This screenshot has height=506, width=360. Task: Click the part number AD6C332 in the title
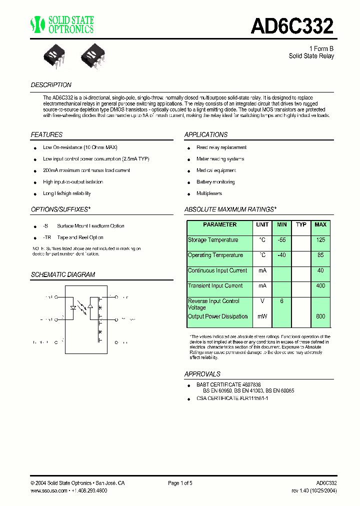(291, 26)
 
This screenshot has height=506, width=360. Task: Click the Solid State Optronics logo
(62, 24)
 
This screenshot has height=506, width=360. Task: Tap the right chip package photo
(93, 52)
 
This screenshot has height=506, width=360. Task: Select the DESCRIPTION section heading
(51, 85)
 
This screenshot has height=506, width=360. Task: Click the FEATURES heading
(46, 134)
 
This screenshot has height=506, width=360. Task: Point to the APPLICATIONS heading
(206, 134)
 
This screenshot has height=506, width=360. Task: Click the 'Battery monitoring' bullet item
(215, 182)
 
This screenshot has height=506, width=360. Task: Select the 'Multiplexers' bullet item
(209, 193)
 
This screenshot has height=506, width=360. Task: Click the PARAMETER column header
(220, 225)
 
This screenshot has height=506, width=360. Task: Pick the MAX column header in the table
(320, 225)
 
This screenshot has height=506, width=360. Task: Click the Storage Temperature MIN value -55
(282, 240)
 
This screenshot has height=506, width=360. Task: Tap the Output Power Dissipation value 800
(320, 316)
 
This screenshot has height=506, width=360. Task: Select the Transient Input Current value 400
(320, 286)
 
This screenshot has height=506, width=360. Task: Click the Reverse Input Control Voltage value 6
(282, 301)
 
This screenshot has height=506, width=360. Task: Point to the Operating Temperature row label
(215, 255)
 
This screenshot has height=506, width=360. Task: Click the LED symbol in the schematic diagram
(73, 307)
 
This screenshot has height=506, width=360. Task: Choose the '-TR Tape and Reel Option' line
(73, 237)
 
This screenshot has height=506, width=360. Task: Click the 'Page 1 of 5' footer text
(180, 483)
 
